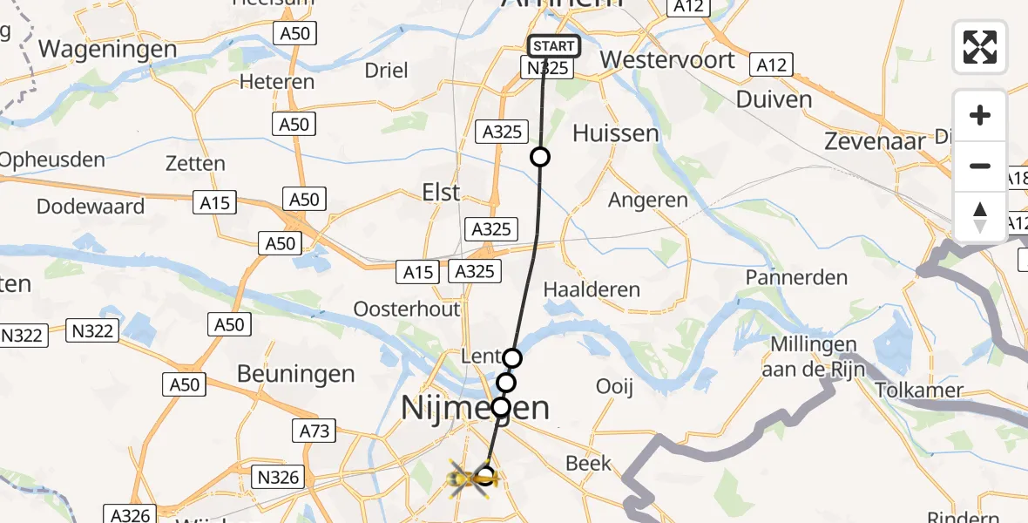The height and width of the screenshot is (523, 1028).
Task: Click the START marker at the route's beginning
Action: (x=553, y=46)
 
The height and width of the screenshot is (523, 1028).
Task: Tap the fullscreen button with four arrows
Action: (x=980, y=46)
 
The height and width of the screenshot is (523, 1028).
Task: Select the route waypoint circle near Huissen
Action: (x=540, y=157)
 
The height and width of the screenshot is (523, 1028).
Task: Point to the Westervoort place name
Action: (x=668, y=61)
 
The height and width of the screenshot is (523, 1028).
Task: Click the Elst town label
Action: (x=440, y=192)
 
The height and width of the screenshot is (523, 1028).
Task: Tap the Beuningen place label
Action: (x=296, y=374)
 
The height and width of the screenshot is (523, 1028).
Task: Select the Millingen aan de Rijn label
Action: (x=814, y=357)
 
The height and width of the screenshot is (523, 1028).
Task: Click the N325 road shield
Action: (x=546, y=68)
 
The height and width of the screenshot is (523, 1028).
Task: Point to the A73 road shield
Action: (x=311, y=431)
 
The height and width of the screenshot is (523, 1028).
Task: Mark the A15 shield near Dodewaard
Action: (x=214, y=203)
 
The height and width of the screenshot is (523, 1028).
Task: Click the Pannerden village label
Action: (x=796, y=278)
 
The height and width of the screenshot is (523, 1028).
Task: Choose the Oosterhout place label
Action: (x=407, y=309)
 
